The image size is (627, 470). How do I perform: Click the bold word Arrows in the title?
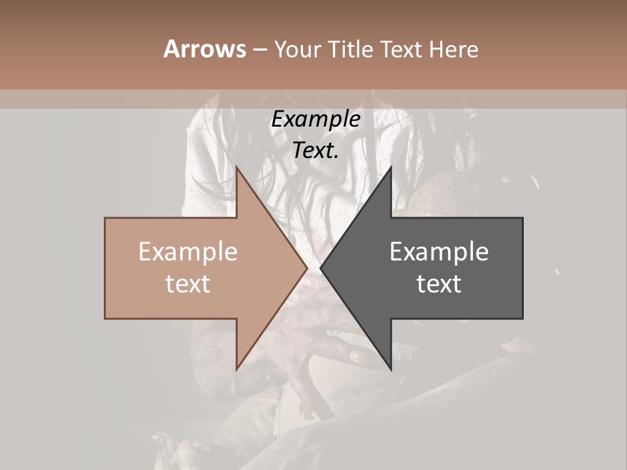click(204, 49)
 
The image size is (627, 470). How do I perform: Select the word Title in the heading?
click(353, 49)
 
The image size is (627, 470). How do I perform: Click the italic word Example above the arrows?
click(315, 119)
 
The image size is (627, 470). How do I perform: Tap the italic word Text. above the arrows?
click(315, 151)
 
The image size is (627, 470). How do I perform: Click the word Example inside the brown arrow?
click(188, 252)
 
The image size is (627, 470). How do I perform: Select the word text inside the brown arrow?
click(188, 284)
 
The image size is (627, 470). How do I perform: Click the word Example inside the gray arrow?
click(439, 252)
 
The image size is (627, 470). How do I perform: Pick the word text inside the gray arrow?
click(439, 284)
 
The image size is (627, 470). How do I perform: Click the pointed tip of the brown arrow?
click(308, 268)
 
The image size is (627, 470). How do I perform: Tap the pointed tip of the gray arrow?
click(320, 268)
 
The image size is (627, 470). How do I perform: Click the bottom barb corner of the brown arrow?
click(236, 369)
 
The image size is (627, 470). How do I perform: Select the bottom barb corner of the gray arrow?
click(391, 369)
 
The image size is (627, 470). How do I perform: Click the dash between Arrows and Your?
click(259, 50)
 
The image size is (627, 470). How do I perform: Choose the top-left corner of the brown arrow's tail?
click(105, 218)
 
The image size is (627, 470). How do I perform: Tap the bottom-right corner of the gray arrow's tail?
click(522, 319)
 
